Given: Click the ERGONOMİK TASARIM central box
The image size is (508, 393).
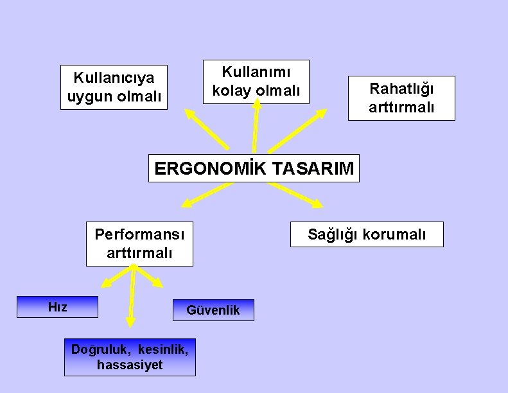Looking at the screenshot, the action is [254, 168].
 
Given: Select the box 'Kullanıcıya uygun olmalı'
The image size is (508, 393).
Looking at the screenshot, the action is [114, 87].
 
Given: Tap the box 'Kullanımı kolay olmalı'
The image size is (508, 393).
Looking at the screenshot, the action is [256, 82].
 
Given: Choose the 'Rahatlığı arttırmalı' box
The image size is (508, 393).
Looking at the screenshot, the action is [401, 98].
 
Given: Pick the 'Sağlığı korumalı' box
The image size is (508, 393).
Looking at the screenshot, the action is [366, 234].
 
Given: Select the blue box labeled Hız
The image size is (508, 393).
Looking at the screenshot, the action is [57, 307].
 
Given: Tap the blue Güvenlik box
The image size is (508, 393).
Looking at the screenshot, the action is [213, 310].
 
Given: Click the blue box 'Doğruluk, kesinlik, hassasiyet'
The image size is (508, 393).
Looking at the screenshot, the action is [130, 357].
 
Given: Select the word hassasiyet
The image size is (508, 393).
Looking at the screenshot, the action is [130, 365].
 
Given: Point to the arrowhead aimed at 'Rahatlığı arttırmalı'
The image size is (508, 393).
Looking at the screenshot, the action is [321, 115].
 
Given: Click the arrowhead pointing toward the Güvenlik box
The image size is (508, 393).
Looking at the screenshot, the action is [157, 282].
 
